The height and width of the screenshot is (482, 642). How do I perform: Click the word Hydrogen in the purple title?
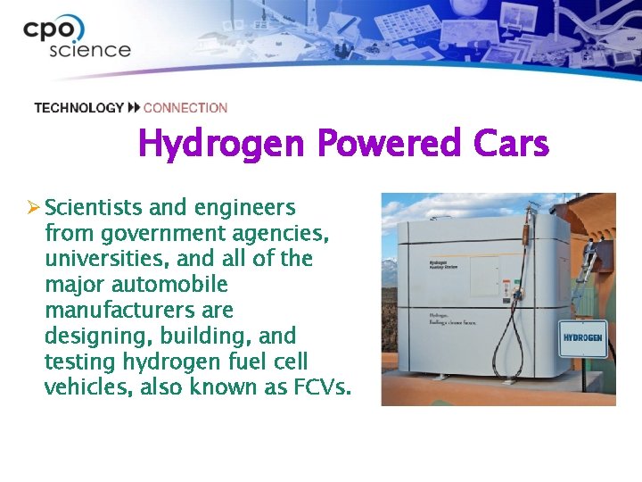[222, 144]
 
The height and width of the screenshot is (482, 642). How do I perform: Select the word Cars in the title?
[512, 144]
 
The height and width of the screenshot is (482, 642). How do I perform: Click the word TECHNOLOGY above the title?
[78, 108]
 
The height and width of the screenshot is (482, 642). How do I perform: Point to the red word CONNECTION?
[185, 108]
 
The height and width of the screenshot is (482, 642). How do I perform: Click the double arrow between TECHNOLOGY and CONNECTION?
[134, 108]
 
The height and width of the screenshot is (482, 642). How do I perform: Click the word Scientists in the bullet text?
[94, 208]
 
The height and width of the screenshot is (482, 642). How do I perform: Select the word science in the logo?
[90, 49]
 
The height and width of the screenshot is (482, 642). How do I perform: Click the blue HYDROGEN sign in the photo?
[582, 339]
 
